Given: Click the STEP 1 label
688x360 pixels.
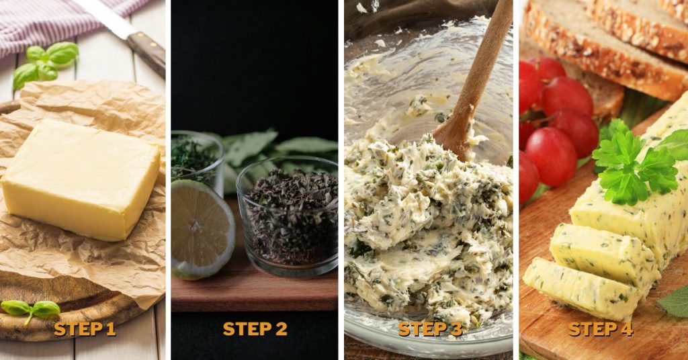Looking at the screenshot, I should coord(85,328).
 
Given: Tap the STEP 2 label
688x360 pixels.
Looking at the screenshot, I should coord(255,328).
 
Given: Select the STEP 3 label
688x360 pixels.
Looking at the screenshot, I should coord(430,328).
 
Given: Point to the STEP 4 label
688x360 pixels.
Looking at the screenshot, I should coord(600,328).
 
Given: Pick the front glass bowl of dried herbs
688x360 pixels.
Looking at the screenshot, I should coord(288,215).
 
